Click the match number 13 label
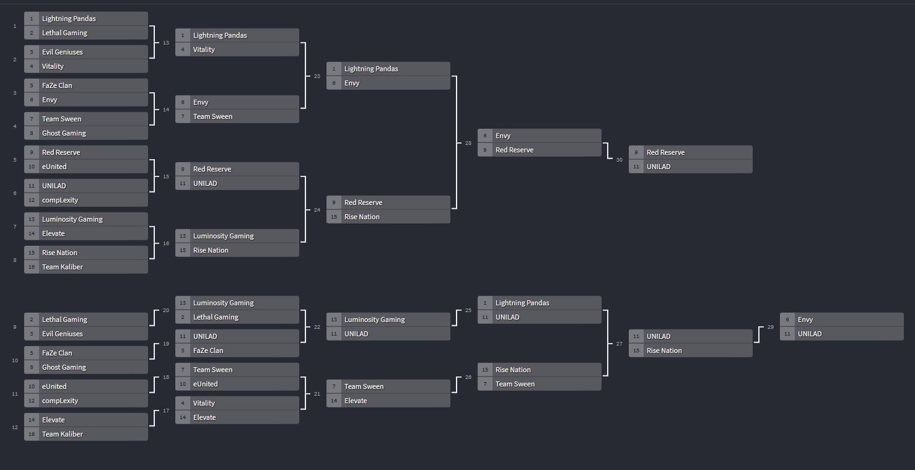coord(165,43)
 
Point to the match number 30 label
coord(619,160)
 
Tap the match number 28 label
coord(468,143)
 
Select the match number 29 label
coord(770,327)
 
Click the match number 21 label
coord(317,394)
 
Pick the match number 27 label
coord(619,344)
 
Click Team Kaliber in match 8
coord(62,267)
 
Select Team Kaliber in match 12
coord(62,434)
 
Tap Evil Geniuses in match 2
coord(62,52)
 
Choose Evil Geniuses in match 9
coord(62,334)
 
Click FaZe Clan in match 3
coord(57,85)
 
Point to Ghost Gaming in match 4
coord(64,133)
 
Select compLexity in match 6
coord(60,200)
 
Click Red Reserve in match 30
coord(665,152)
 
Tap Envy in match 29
coord(805,320)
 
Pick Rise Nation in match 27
coord(664,350)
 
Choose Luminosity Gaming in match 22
coord(374,320)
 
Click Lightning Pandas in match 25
coord(522,303)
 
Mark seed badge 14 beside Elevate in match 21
coord(334,401)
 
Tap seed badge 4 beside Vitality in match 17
coord(183,403)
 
